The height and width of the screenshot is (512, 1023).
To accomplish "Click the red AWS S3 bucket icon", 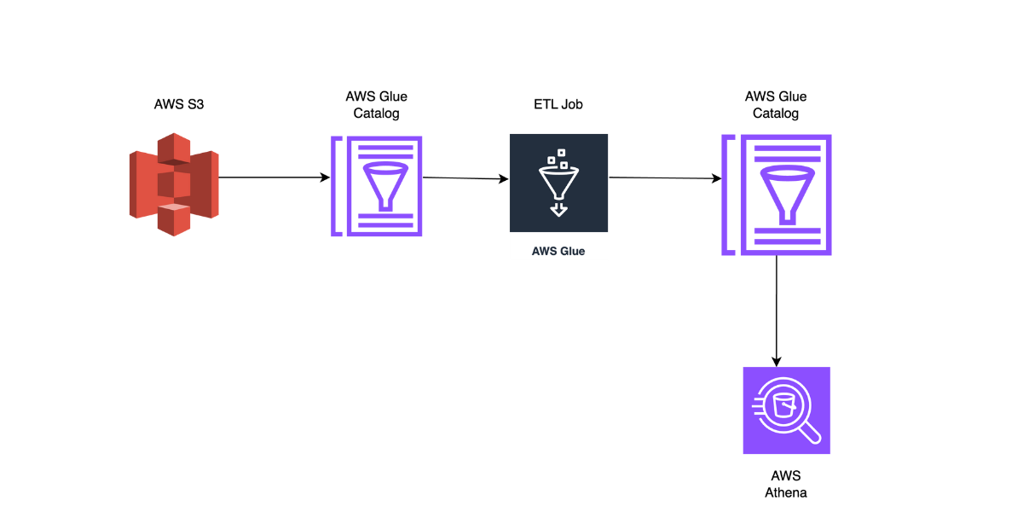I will [x=174, y=183].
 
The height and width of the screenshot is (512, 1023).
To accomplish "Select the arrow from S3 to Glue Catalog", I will [x=273, y=177].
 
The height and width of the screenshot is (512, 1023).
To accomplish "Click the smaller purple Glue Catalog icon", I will [x=377, y=185].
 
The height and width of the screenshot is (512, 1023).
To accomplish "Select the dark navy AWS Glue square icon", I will [x=558, y=183].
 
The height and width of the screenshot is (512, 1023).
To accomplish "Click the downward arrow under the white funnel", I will [x=558, y=208].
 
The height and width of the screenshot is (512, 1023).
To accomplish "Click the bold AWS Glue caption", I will [x=558, y=252].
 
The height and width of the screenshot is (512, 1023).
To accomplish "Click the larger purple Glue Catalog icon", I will [x=776, y=194].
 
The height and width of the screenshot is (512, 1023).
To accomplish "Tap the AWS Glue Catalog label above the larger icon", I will [x=776, y=105].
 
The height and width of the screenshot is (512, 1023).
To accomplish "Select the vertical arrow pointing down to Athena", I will [x=777, y=311].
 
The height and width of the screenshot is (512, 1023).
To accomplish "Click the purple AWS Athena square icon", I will [x=786, y=410].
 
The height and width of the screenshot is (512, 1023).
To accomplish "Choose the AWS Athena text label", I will [x=786, y=484].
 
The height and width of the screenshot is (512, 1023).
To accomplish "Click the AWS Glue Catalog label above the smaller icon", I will [x=377, y=105].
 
